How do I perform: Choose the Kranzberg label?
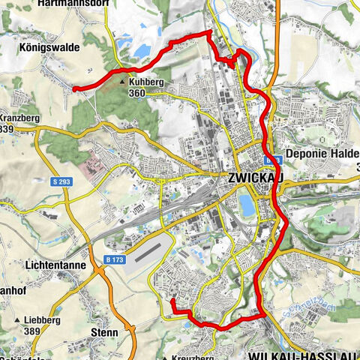(14, 119)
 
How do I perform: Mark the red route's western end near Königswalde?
(74, 88)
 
